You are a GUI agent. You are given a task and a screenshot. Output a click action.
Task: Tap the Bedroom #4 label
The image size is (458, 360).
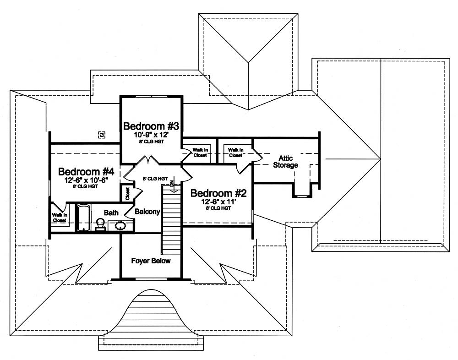(86, 172)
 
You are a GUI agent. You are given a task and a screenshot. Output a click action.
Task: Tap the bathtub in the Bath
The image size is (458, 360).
(83, 218)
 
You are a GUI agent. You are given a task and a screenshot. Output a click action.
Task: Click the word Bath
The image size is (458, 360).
(111, 213)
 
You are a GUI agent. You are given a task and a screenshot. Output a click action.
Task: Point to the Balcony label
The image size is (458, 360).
(147, 212)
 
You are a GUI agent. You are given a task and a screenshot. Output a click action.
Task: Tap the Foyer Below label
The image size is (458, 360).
(151, 261)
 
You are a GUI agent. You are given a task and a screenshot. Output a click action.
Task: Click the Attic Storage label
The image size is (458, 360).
(286, 162)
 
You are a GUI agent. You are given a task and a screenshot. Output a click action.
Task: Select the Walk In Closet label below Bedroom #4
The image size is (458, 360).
(59, 217)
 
